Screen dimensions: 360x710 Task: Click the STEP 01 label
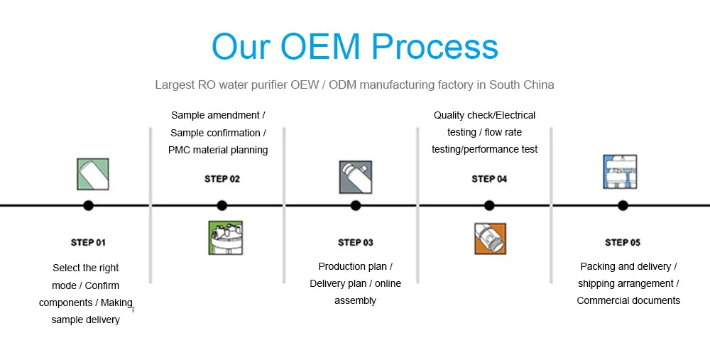(x=88, y=243)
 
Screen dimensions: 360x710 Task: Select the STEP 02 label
(x=222, y=179)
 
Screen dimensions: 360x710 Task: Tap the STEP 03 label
(x=355, y=243)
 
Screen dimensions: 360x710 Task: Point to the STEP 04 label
(x=489, y=179)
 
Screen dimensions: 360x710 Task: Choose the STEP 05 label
(x=623, y=243)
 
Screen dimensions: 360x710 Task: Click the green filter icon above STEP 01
(x=92, y=174)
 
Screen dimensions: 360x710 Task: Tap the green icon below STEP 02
(x=225, y=238)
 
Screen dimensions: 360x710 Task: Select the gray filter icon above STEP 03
(x=355, y=177)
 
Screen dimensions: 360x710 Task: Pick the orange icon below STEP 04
(x=490, y=239)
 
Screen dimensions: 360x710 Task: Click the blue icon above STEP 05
(x=620, y=172)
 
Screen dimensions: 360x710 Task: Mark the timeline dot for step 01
(x=88, y=206)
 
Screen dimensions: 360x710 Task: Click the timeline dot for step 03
(x=356, y=206)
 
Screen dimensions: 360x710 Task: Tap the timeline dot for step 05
(x=623, y=206)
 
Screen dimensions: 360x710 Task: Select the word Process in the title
(x=435, y=47)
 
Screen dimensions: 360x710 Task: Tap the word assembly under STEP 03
(x=355, y=301)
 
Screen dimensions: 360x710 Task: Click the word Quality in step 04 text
(x=449, y=116)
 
